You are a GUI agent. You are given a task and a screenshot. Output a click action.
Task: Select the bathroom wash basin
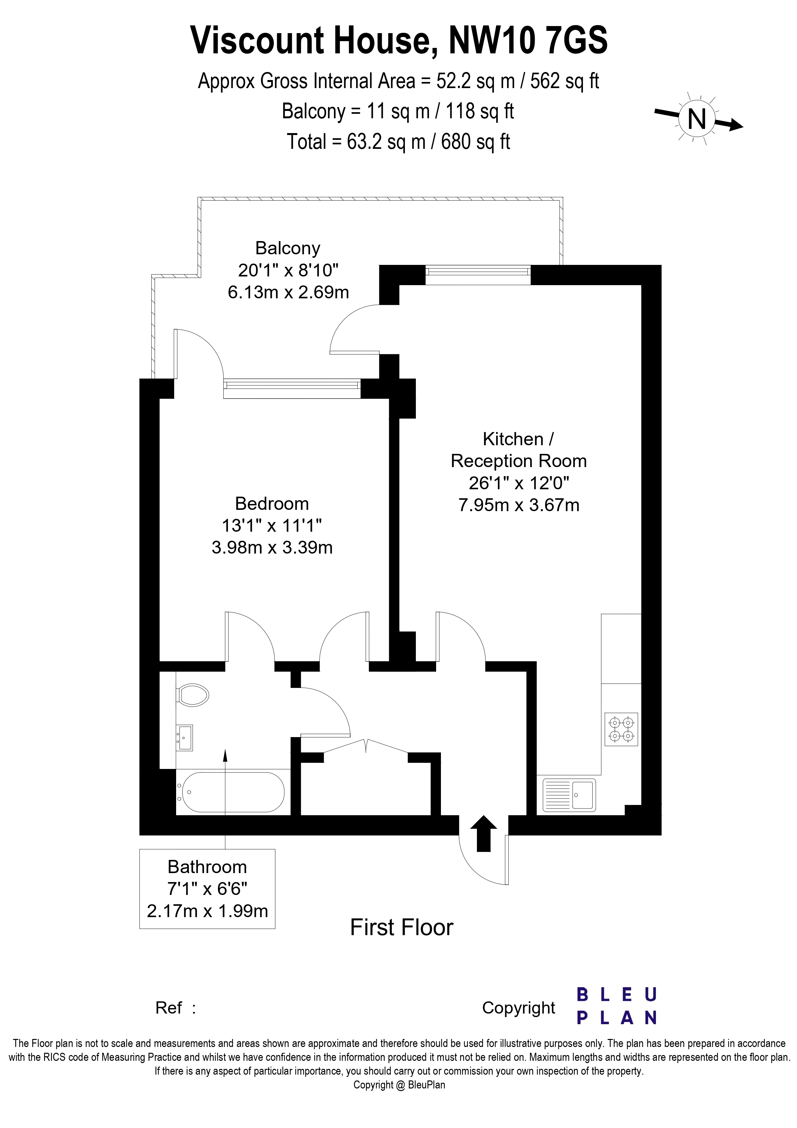click(x=185, y=738)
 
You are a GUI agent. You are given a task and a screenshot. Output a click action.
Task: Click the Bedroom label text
click(x=272, y=504)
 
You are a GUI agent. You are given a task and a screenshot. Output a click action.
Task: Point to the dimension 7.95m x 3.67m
click(x=519, y=505)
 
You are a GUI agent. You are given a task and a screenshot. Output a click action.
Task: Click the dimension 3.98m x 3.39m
click(x=272, y=547)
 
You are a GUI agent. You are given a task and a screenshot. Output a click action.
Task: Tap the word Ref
click(x=169, y=1008)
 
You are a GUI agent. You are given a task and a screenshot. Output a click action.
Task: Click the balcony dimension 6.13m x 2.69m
click(x=288, y=292)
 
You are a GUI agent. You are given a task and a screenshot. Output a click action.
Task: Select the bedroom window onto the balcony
click(x=292, y=388)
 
